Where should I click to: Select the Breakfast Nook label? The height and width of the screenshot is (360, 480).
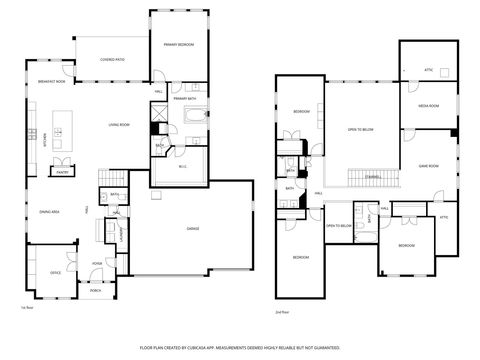tap(52, 81)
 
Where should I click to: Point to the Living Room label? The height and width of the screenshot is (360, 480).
tap(120, 124)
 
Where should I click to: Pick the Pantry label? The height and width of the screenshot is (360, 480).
tap(62, 171)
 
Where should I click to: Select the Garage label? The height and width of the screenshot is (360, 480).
tap(192, 229)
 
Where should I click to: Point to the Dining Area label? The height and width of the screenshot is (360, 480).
tap(49, 212)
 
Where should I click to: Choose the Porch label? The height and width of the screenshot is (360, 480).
tap(97, 292)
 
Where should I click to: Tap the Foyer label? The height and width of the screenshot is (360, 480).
tap(97, 263)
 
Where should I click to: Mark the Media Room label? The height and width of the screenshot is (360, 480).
tap(427, 105)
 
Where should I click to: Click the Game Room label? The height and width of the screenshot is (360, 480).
tap(428, 165)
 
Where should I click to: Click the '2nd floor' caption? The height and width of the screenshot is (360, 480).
tap(283, 312)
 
